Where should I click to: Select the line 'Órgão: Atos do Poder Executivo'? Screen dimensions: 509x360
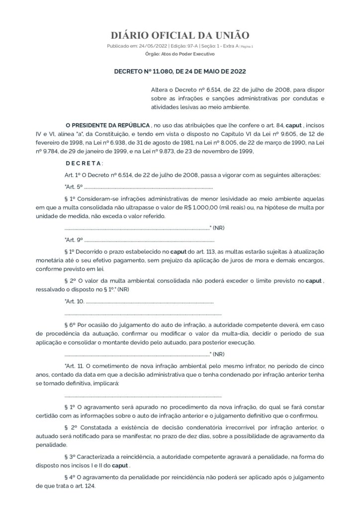coord(180,53)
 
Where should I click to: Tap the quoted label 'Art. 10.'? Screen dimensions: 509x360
coord(75,302)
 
